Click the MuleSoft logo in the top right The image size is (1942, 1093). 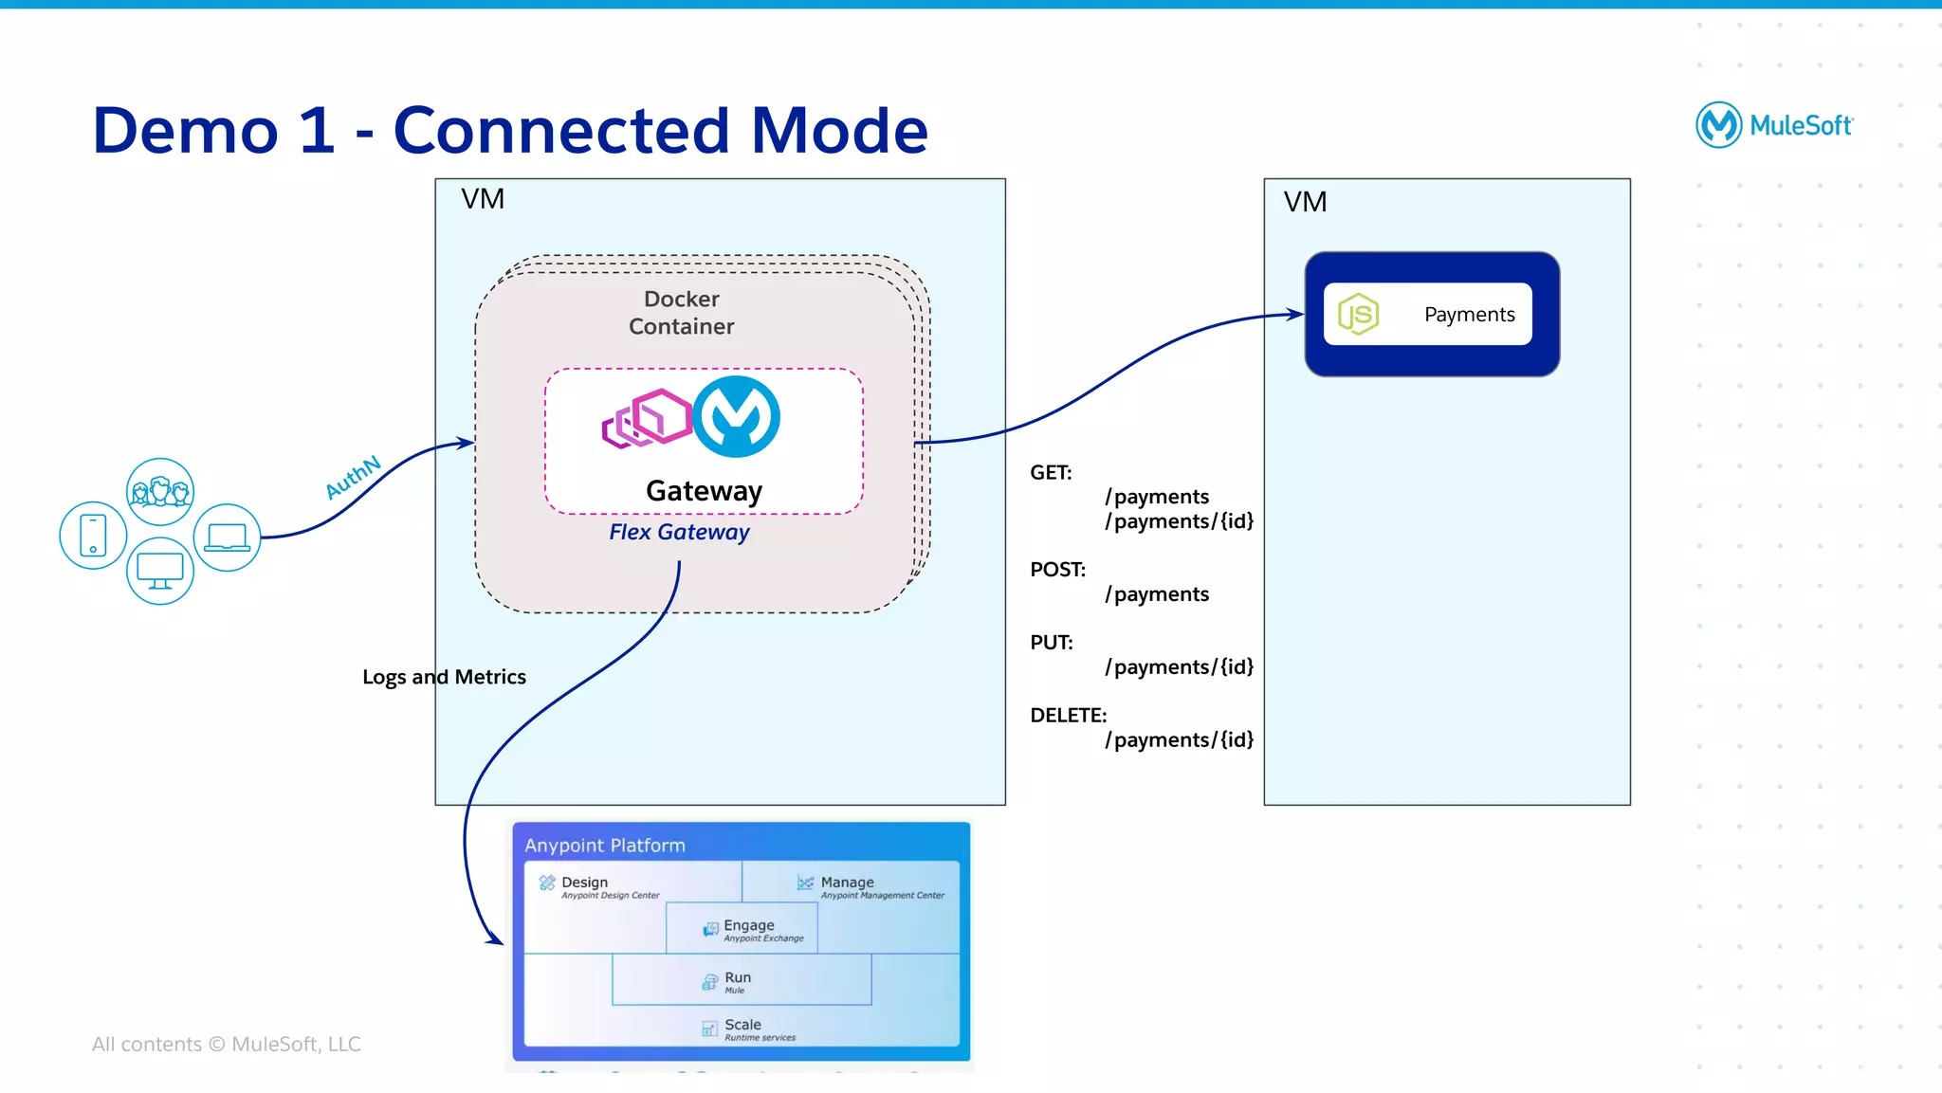pyautogui.click(x=1773, y=125)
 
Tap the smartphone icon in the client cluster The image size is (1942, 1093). pyautogui.click(x=93, y=536)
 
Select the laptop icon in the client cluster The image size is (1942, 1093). pyautogui.click(x=228, y=537)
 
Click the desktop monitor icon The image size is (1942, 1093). pyautogui.click(x=160, y=571)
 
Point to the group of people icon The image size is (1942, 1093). pyautogui.click(x=160, y=492)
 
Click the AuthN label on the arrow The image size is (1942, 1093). pyautogui.click(x=353, y=477)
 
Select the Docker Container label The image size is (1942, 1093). pyautogui.click(x=681, y=313)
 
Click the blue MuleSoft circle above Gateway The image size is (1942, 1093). pyautogui.click(x=736, y=417)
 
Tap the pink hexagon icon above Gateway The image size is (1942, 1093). pyautogui.click(x=649, y=418)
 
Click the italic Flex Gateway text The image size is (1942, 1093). pyautogui.click(x=679, y=532)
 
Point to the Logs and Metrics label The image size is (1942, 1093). pyautogui.click(x=444, y=677)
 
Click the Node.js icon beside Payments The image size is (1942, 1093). pyautogui.click(x=1358, y=314)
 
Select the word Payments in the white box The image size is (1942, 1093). pyautogui.click(x=1469, y=315)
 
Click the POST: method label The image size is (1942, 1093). pyautogui.click(x=1057, y=570)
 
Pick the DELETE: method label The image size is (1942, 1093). pyautogui.click(x=1068, y=716)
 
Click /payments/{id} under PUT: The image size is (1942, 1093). pyautogui.click(x=1179, y=667)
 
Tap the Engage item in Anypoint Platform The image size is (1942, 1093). pyautogui.click(x=748, y=926)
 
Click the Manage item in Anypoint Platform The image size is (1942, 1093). pyautogui.click(x=847, y=883)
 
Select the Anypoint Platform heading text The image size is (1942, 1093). pyautogui.click(x=605, y=846)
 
